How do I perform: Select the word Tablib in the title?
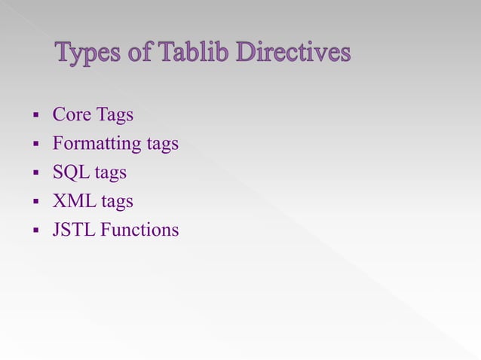pyautogui.click(x=191, y=53)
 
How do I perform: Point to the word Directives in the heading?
pyautogui.click(x=293, y=53)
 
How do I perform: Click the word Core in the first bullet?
pyautogui.click(x=72, y=115)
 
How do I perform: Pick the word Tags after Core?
pyautogui.click(x=115, y=115)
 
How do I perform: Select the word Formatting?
pyautogui.click(x=97, y=144)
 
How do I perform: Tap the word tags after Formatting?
pyautogui.click(x=162, y=144)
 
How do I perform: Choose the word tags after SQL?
pyautogui.click(x=110, y=173)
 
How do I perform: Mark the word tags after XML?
pyautogui.click(x=116, y=202)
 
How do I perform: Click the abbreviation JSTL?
pyautogui.click(x=74, y=230)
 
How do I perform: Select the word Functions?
pyautogui.click(x=140, y=230)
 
